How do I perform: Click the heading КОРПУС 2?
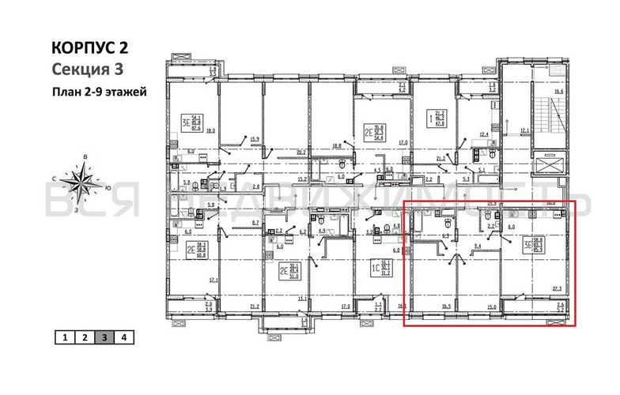tap(89, 48)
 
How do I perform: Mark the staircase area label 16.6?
tap(559, 92)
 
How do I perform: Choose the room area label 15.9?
tap(255, 139)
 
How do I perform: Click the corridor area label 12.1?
tap(524, 130)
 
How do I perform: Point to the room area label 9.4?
tap(477, 246)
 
